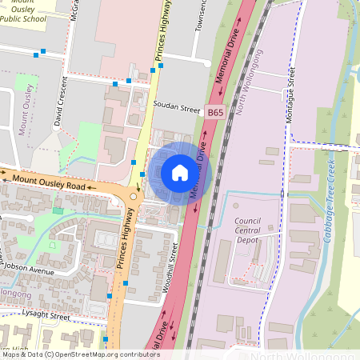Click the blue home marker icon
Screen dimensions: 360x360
pyautogui.click(x=180, y=173)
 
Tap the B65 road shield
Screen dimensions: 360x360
pyautogui.click(x=215, y=114)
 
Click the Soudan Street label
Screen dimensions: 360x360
pyautogui.click(x=178, y=107)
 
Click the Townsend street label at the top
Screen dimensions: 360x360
pyautogui.click(x=201, y=16)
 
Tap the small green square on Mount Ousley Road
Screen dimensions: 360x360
pyautogui.click(x=57, y=210)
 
